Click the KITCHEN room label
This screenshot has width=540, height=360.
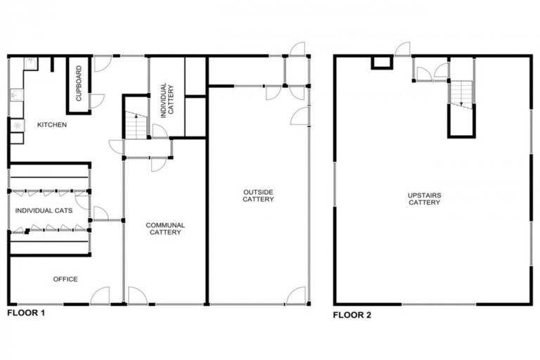tap(52, 125)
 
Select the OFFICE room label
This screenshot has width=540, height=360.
tap(65, 279)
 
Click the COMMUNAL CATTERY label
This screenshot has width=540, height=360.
tap(165, 229)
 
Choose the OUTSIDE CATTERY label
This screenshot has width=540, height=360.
tap(258, 195)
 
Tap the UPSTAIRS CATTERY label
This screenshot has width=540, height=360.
tap(424, 199)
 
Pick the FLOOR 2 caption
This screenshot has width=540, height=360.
tap(352, 314)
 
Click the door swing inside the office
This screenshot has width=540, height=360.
tap(101, 295)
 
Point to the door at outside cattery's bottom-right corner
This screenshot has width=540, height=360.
tap(297, 295)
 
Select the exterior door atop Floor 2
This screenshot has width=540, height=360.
tap(402, 49)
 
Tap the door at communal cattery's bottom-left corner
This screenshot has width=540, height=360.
tap(136, 295)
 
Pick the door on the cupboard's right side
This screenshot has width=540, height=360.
tap(96, 101)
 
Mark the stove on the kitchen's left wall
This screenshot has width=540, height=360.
tap(17, 127)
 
